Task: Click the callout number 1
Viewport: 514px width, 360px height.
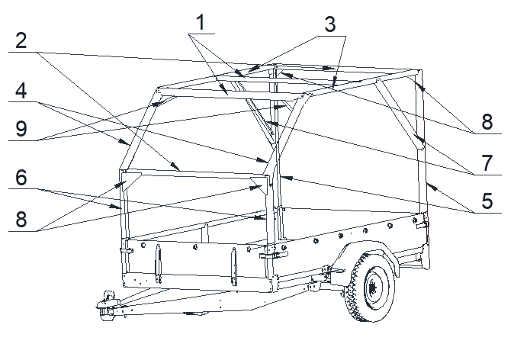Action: (x=201, y=22)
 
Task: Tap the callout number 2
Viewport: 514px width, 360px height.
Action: (x=21, y=41)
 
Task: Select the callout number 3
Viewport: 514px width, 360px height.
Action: (x=330, y=24)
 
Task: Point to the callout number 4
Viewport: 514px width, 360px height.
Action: (x=21, y=91)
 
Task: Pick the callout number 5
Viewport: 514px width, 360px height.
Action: (x=487, y=201)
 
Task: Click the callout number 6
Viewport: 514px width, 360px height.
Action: (x=21, y=178)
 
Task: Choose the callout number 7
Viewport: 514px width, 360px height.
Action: (x=487, y=163)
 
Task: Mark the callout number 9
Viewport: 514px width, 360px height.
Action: (x=21, y=129)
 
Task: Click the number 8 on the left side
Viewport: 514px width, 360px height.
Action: (x=21, y=220)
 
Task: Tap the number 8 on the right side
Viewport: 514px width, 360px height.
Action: (x=487, y=122)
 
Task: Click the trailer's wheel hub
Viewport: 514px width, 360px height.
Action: (x=373, y=288)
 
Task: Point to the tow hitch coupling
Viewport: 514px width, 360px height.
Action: (x=107, y=306)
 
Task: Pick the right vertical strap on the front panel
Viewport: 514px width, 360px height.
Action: (x=234, y=266)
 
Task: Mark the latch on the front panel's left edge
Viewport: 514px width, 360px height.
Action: (x=127, y=251)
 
